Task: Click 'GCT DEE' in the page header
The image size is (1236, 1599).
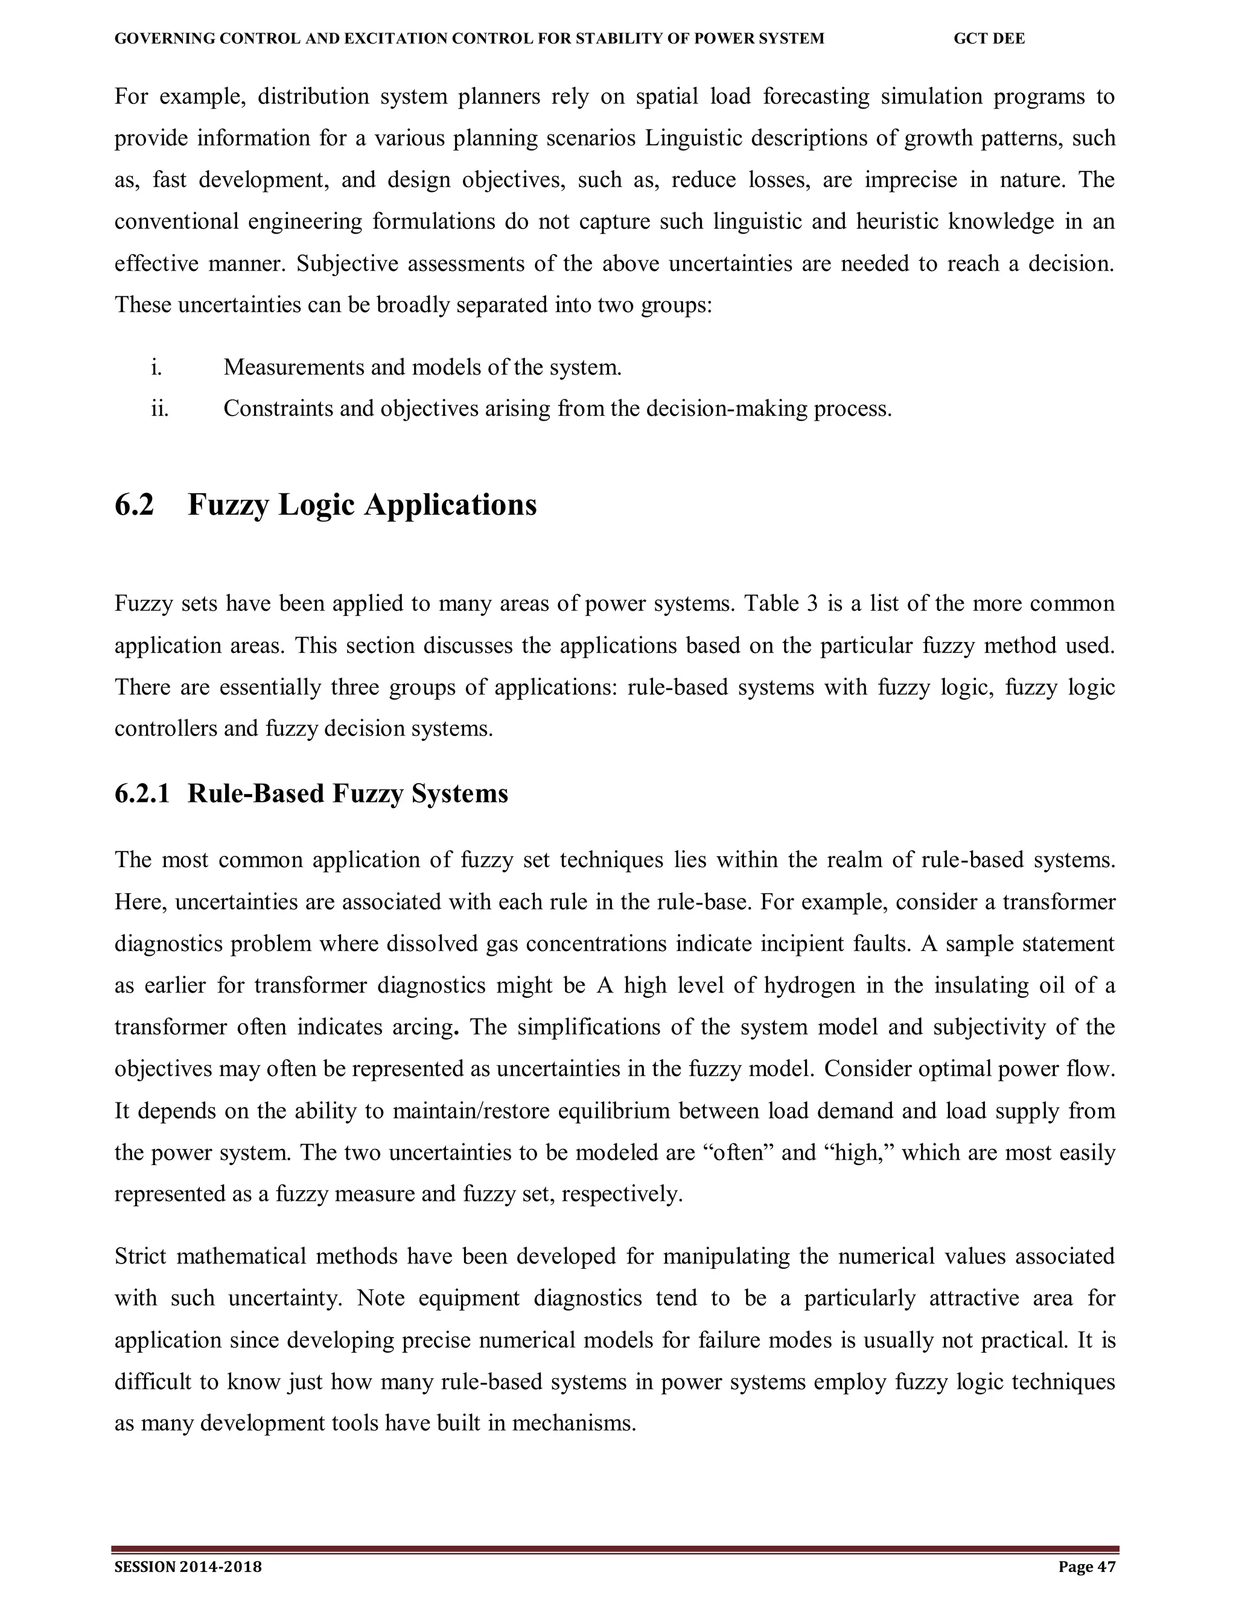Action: (989, 39)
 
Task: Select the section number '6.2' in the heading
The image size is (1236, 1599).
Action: (134, 505)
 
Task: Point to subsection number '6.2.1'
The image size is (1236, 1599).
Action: (142, 793)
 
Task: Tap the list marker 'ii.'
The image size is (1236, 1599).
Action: (159, 408)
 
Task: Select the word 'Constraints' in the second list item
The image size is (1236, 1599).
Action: (278, 408)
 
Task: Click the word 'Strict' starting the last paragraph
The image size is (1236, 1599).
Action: (141, 1257)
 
